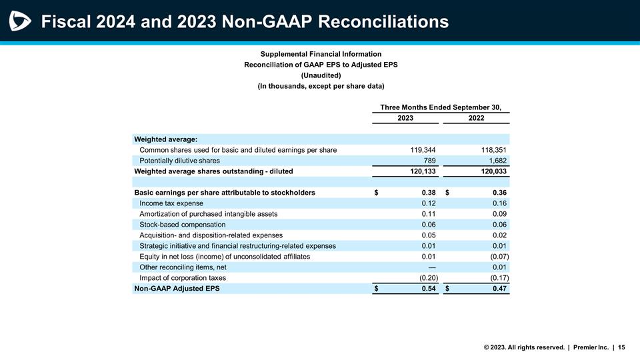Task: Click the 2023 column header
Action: tap(405, 118)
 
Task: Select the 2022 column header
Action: tap(476, 118)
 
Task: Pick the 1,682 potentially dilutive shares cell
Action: tap(496, 161)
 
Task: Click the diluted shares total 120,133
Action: tap(423, 171)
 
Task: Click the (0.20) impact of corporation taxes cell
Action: tap(424, 278)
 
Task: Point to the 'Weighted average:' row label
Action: tap(166, 139)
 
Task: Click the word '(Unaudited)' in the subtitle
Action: tap(321, 75)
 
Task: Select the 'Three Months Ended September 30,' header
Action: tap(441, 107)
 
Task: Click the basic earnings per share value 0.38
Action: tap(429, 193)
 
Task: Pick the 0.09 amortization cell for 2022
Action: tap(499, 214)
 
